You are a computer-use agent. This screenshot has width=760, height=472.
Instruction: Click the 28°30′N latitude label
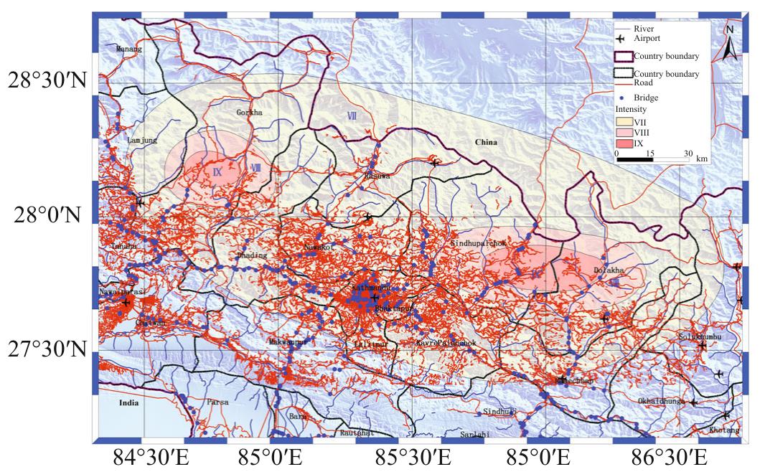[47, 80]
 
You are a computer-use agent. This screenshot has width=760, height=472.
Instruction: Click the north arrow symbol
[729, 42]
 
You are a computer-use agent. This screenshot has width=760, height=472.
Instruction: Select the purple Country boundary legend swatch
[623, 56]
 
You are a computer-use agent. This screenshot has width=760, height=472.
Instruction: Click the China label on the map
[486, 143]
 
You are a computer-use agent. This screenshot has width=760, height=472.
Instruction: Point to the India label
[129, 402]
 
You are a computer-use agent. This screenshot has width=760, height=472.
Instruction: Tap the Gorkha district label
[249, 113]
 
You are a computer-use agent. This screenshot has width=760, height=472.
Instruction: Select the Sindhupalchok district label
[478, 244]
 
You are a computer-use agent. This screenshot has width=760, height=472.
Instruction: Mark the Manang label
[129, 49]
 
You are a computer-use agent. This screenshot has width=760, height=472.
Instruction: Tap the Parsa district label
[217, 402]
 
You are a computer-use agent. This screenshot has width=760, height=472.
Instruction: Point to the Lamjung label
[141, 141]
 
